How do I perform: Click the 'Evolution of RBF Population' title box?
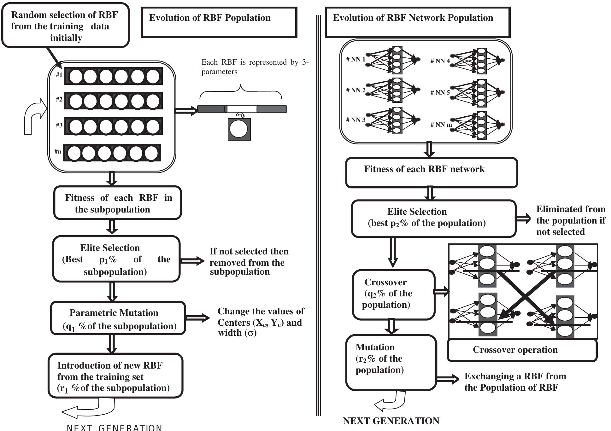pos(219,22)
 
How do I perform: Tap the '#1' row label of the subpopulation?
pos(59,75)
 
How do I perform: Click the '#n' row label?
pos(58,152)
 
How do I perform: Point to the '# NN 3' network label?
pos(355,120)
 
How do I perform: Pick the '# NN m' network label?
pos(441,125)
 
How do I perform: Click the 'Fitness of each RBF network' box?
pos(431,172)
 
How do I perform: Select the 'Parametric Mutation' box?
pos(118,318)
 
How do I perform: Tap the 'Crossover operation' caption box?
pos(522,350)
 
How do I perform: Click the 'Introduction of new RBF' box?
pos(115,376)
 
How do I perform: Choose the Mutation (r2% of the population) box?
pos(391,363)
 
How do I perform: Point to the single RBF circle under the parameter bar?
pos(239,130)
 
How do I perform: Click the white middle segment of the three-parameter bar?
pos(242,109)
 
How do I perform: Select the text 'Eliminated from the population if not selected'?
pos(570,220)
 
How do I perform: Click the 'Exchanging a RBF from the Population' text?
pos(515,382)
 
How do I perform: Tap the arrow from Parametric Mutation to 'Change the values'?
pos(197,318)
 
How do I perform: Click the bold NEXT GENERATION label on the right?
pos(391,421)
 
